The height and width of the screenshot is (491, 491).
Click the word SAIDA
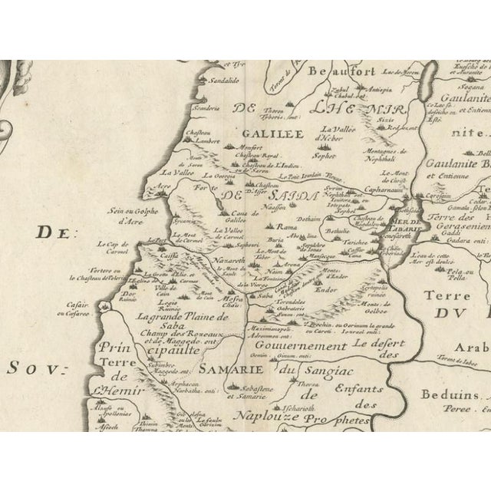[x=295, y=197]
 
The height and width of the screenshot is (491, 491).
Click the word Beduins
[x=447, y=394]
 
